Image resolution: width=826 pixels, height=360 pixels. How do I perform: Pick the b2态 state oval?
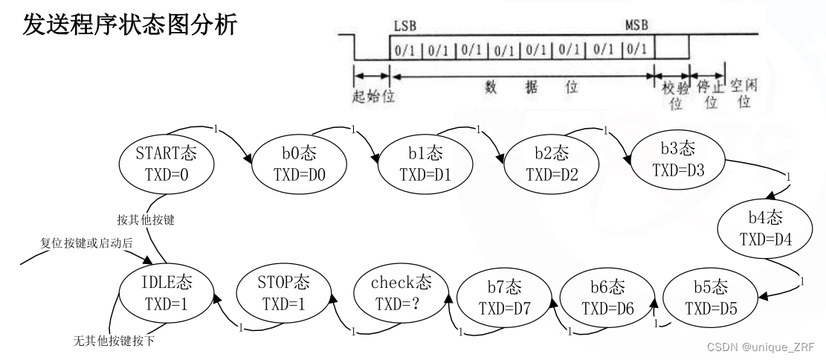pos(551,164)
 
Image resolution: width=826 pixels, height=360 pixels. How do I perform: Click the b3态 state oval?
pos(677,159)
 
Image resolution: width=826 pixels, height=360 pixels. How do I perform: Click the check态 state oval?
pos(401,293)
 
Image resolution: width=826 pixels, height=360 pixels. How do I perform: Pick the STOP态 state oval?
pos(283,293)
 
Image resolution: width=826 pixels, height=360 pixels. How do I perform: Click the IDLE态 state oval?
pos(167,293)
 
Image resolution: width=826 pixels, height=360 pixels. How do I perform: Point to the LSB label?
pos(405,25)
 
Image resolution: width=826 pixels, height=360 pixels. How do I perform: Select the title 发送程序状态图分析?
pos(132,24)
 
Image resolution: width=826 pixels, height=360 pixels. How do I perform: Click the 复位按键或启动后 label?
pos(86,245)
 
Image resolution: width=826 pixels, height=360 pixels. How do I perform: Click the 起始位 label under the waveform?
pos(372,94)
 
